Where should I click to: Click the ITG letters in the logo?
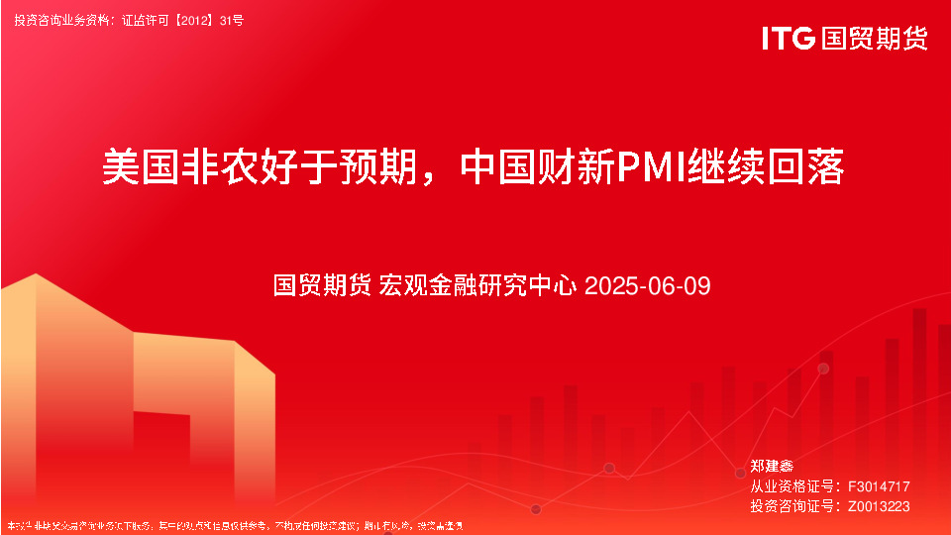789,39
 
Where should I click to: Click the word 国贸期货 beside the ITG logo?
873,39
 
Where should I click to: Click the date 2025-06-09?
648,286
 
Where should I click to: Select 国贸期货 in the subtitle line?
323,286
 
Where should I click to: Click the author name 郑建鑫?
772,466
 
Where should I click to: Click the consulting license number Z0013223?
879,506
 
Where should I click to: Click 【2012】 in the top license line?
196,19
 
